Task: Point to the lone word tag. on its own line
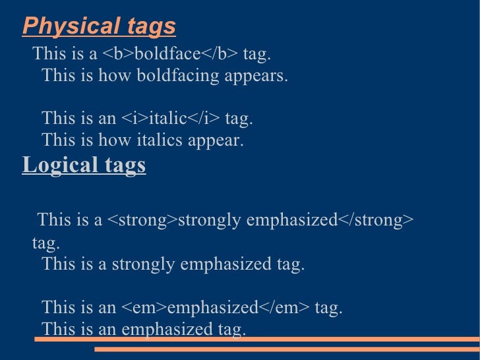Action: click(x=46, y=243)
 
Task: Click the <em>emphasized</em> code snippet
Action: click(x=216, y=307)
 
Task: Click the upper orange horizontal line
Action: click(x=257, y=339)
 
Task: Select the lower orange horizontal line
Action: click(x=287, y=349)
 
